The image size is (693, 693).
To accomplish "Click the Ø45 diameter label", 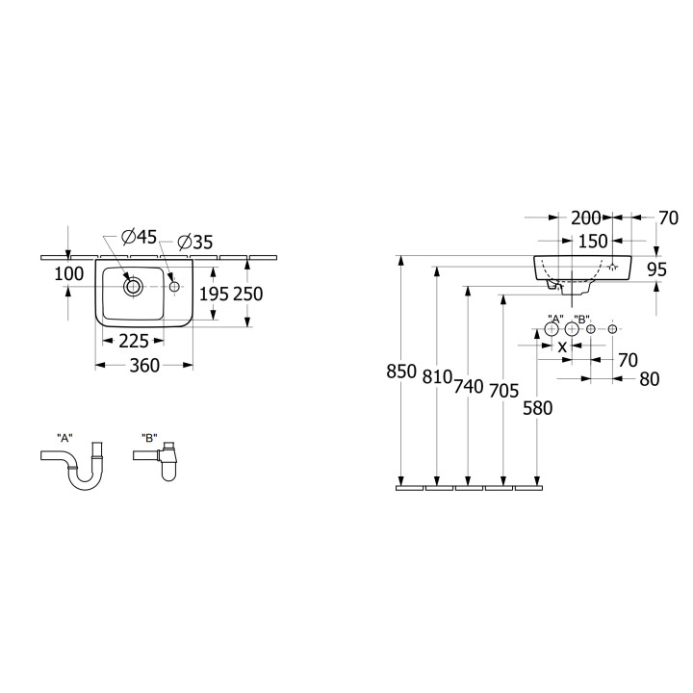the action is click(140, 238).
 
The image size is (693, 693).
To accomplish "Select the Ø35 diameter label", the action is click(194, 242).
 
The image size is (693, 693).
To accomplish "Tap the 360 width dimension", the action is click(144, 366).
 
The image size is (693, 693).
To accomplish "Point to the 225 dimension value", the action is click(134, 341).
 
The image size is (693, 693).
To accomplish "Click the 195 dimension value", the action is click(214, 294).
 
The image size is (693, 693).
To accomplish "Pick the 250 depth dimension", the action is click(248, 294).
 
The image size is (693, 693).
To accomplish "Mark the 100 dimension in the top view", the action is click(69, 274).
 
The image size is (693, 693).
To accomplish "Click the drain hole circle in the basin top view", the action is click(133, 287).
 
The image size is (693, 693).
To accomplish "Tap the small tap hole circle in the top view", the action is click(174, 287).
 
